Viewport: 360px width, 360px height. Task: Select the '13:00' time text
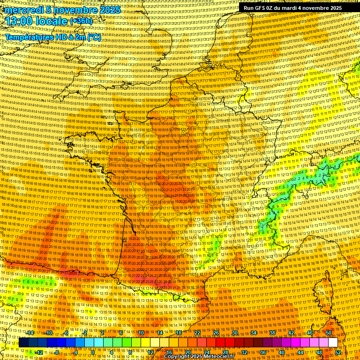(x=20, y=22)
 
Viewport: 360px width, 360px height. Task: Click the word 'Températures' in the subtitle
(x=28, y=37)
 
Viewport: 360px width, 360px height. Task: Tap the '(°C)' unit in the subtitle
(x=93, y=37)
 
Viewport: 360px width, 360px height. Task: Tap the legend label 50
(x=329, y=333)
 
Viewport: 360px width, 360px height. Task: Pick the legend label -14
(x=30, y=333)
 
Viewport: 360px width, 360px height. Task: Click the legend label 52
(x=338, y=352)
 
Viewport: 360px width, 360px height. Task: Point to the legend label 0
(x=93, y=352)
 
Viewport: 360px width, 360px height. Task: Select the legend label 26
(x=216, y=333)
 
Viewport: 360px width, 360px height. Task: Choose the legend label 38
(x=272, y=333)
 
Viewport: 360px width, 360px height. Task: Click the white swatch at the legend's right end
(x=333, y=343)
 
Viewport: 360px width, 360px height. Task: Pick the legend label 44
(x=300, y=352)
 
